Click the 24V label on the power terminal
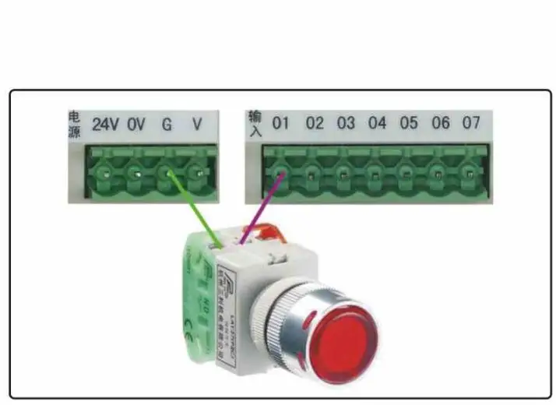(x=106, y=125)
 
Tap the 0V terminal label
(x=136, y=125)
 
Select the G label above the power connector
(x=167, y=125)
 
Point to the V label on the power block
(x=197, y=125)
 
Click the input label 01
(x=280, y=123)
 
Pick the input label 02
(x=314, y=123)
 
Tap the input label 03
(x=346, y=123)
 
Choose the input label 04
(x=377, y=123)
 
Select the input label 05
(x=409, y=123)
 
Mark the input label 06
(x=441, y=123)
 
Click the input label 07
(x=471, y=123)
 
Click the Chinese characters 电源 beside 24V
(x=75, y=124)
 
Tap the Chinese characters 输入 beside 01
(x=255, y=122)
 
